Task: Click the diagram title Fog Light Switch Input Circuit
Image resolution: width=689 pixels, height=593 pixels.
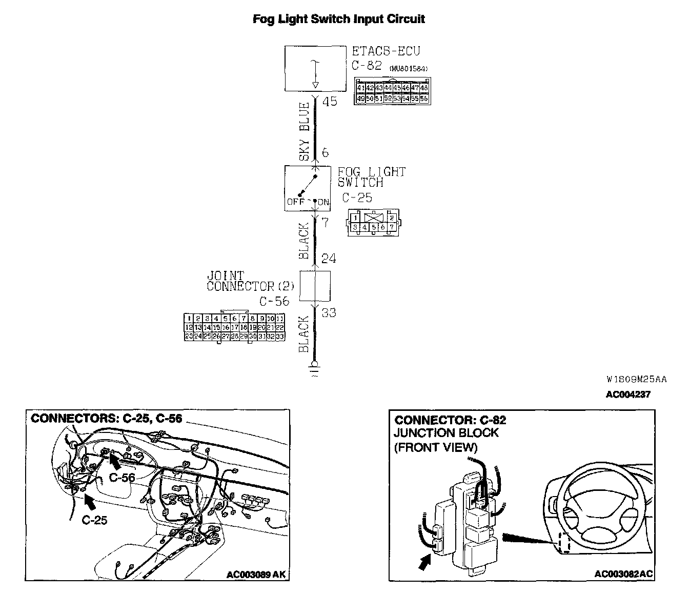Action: pyautogui.click(x=339, y=19)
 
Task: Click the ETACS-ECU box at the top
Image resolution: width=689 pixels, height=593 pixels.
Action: pyautogui.click(x=315, y=68)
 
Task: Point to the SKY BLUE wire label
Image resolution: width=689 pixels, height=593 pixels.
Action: pyautogui.click(x=305, y=131)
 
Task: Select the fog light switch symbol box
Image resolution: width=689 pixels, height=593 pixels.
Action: pyautogui.click(x=308, y=188)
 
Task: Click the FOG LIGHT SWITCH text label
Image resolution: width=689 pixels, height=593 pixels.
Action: pyautogui.click(x=371, y=177)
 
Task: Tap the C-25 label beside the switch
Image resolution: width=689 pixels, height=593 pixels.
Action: pyautogui.click(x=357, y=198)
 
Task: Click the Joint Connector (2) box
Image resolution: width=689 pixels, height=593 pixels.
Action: pyautogui.click(x=315, y=286)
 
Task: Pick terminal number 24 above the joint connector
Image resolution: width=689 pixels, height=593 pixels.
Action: pyautogui.click(x=329, y=259)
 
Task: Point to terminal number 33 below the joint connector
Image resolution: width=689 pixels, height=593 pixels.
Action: pyautogui.click(x=329, y=312)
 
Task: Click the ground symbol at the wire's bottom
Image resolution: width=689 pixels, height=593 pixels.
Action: pyautogui.click(x=314, y=370)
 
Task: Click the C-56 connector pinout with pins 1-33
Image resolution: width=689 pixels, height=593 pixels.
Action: pyautogui.click(x=234, y=327)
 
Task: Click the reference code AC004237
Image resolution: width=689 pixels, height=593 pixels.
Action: pyautogui.click(x=628, y=394)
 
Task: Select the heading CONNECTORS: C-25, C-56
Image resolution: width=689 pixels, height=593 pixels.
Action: pyautogui.click(x=107, y=419)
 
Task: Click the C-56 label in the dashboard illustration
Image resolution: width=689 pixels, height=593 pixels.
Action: pyautogui.click(x=122, y=478)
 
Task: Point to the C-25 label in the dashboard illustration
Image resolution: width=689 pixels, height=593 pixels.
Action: pyautogui.click(x=95, y=520)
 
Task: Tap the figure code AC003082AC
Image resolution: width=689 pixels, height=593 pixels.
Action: pyautogui.click(x=623, y=574)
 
